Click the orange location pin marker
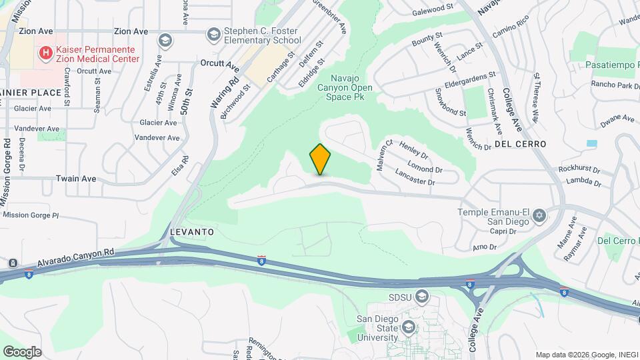321,159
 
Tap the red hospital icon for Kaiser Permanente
46,53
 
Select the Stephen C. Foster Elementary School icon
214,34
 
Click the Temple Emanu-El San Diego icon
539,215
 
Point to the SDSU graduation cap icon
421,296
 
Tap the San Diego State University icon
409,327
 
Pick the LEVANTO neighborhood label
192,232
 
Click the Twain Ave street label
76,179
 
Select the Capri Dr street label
503,232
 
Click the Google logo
22,351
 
